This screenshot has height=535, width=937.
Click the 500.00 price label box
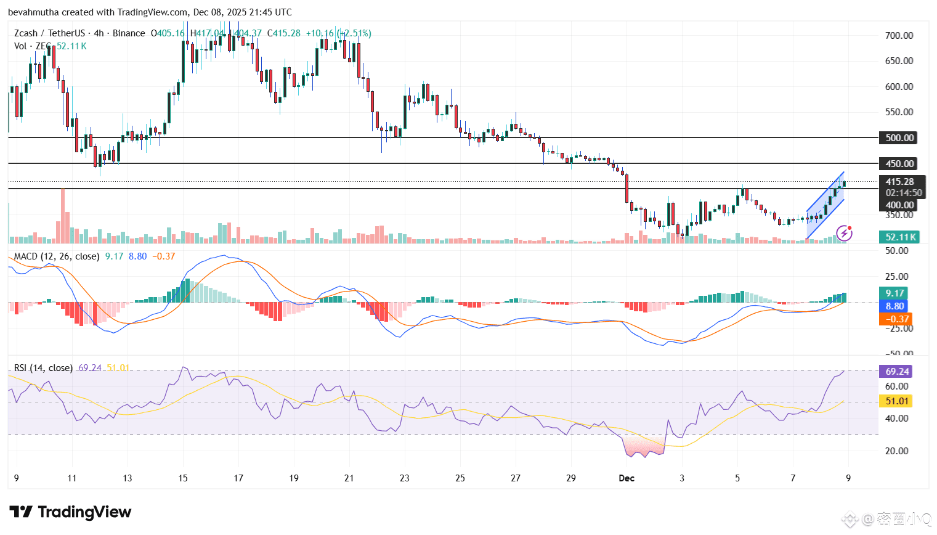pyautogui.click(x=899, y=138)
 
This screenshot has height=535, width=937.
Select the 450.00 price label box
pyautogui.click(x=899, y=164)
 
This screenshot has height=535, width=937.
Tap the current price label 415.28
pyautogui.click(x=899, y=182)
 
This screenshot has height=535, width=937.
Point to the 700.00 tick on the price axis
pyautogui.click(x=899, y=36)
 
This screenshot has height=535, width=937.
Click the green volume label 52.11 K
pyautogui.click(x=899, y=237)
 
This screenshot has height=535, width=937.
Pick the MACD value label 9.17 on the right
pyautogui.click(x=894, y=293)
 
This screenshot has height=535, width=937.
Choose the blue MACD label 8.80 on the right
pyautogui.click(x=894, y=306)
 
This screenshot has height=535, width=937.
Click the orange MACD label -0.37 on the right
pyautogui.click(x=894, y=319)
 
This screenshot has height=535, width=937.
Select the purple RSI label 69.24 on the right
pyautogui.click(x=897, y=372)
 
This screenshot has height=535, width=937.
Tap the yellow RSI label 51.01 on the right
pyautogui.click(x=897, y=401)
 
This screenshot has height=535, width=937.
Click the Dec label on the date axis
pyautogui.click(x=627, y=478)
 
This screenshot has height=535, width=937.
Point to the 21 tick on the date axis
pyautogui.click(x=349, y=478)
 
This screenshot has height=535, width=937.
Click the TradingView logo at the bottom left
pyautogui.click(x=70, y=512)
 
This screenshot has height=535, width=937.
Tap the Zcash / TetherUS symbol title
pyautogui.click(x=50, y=33)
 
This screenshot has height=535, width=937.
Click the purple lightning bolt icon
pyautogui.click(x=844, y=233)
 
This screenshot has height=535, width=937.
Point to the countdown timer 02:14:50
pyautogui.click(x=904, y=193)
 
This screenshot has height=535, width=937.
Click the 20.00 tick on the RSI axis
pyautogui.click(x=896, y=451)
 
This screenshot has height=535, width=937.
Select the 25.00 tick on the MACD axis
pyautogui.click(x=896, y=277)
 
